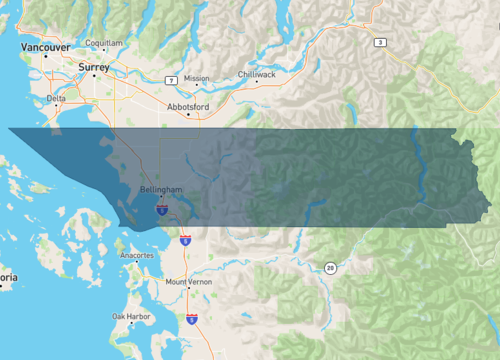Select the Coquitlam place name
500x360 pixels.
104,44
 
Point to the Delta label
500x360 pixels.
56,98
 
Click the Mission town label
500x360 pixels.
197,78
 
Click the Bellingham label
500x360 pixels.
162,188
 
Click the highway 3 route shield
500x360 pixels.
380,42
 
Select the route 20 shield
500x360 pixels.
329,267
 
